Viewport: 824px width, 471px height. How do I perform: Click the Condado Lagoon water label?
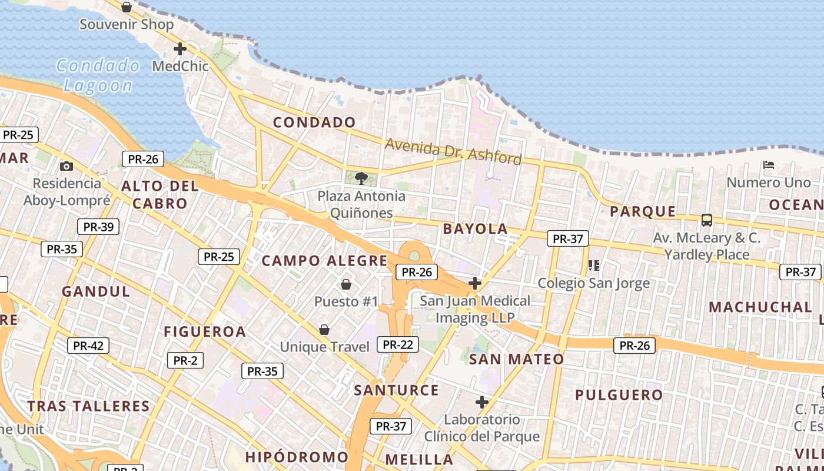98,75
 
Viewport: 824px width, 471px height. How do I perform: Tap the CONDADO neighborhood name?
314,122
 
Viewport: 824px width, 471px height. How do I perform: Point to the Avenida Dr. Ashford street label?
453,151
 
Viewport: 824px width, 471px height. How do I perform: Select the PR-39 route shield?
98,227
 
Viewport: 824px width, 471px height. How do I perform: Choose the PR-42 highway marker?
88,346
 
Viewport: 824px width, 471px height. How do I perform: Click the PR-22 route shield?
398,344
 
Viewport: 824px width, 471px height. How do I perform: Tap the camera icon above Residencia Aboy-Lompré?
67,166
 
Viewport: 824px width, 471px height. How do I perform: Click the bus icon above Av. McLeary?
706,220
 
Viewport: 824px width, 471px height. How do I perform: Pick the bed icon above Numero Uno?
768,165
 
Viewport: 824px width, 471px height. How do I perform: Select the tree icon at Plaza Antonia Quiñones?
361,177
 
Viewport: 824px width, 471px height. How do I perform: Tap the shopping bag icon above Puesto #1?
345,284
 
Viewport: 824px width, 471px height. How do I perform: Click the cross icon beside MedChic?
180,49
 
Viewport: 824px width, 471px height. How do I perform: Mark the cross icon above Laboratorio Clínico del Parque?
482,403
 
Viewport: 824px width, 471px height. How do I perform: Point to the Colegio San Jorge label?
594,283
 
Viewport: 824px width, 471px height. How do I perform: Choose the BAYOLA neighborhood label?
475,229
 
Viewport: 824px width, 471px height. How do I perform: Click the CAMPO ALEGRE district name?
324,261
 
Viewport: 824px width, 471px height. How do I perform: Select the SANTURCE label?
396,390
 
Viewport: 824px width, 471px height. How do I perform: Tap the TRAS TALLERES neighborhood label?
89,406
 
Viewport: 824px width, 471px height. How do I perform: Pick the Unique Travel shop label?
324,347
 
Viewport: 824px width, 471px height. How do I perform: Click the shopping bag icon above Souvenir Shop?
126,7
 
